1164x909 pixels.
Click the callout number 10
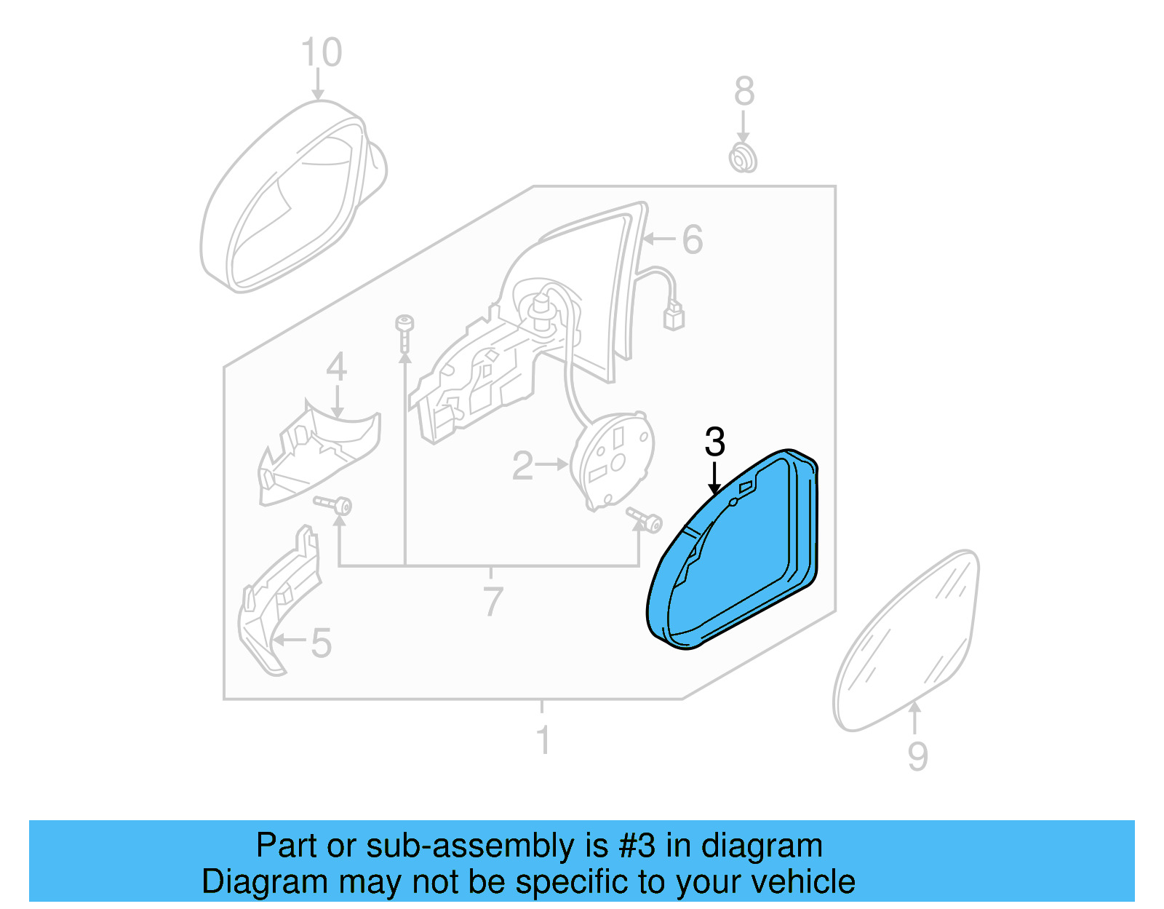coord(321,53)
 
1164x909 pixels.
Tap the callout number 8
coord(744,92)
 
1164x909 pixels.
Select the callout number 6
coord(692,239)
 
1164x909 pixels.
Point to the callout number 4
coord(336,368)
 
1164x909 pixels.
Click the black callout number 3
coord(714,442)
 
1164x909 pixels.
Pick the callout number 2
coord(522,466)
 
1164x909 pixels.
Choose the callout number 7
coord(493,601)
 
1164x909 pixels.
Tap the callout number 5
coord(321,643)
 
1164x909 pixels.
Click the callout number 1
coord(543,741)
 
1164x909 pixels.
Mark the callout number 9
coord(917,756)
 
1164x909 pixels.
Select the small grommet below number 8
coord(743,158)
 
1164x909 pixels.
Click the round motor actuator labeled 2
coord(613,458)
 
